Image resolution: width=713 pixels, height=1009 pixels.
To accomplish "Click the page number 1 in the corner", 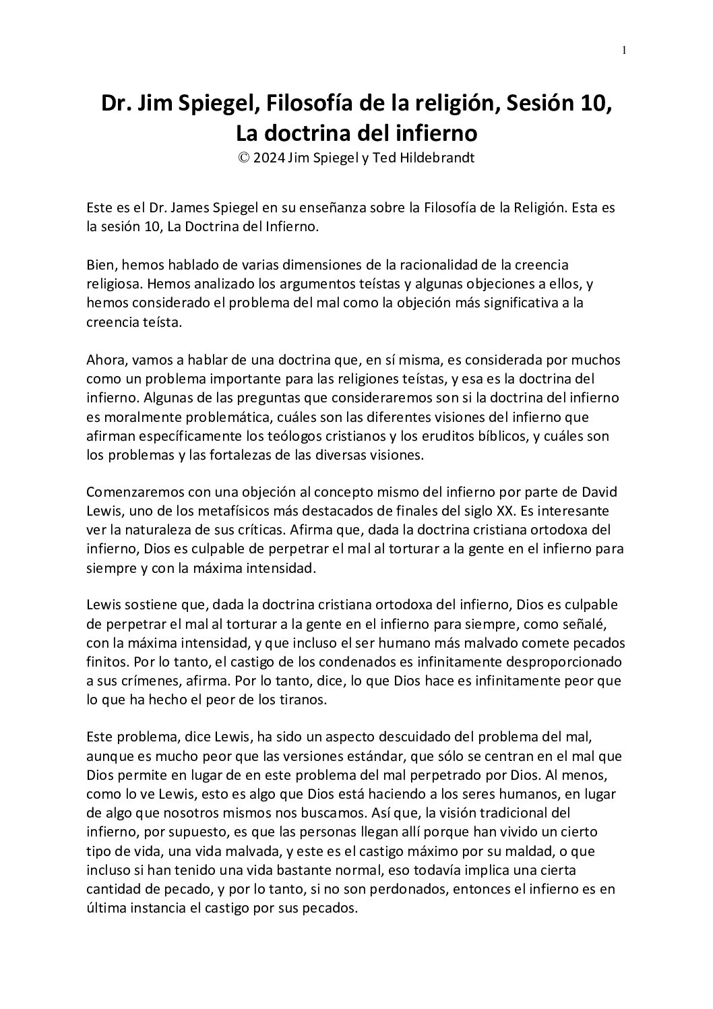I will pyautogui.click(x=625, y=50).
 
